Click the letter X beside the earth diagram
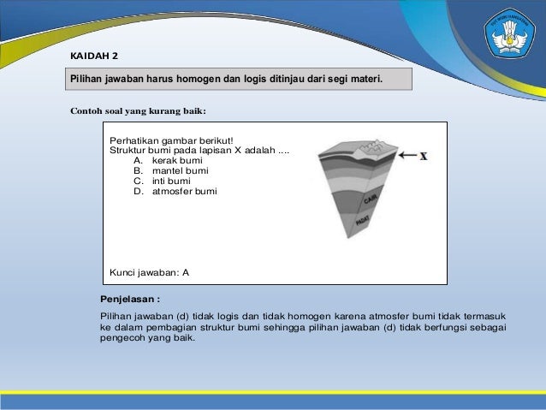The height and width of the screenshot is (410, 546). [x=424, y=156]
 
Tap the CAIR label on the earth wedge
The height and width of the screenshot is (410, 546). [x=371, y=201]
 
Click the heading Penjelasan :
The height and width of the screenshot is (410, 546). [x=130, y=300]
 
